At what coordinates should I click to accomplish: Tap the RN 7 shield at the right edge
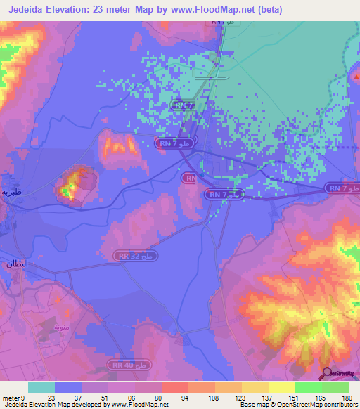click(342, 188)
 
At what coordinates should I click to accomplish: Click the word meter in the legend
click(13, 398)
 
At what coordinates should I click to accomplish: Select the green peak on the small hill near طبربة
click(67, 190)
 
